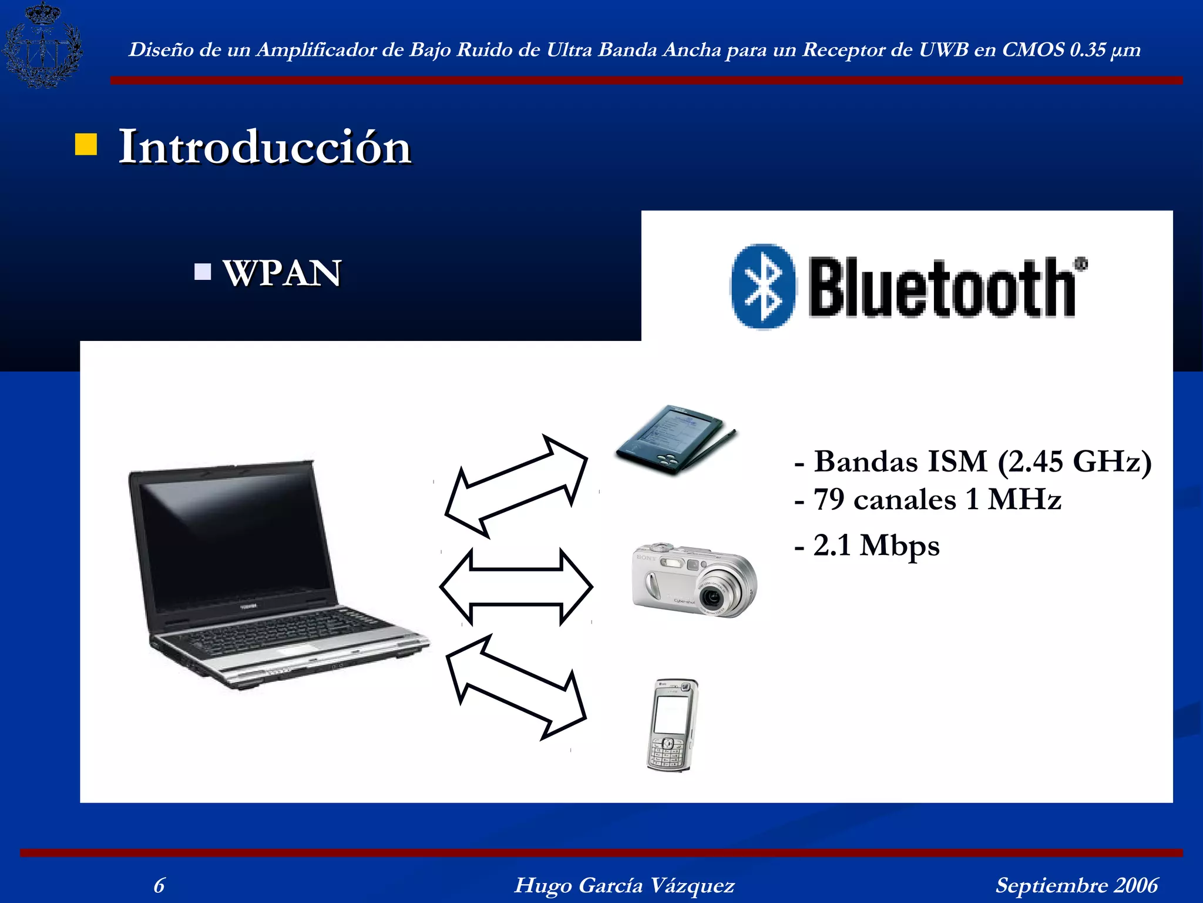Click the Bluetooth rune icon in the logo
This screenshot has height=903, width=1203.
pos(763,286)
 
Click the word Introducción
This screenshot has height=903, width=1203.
pos(265,147)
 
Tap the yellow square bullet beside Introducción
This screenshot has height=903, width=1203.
pos(86,145)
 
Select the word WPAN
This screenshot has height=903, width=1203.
pos(282,273)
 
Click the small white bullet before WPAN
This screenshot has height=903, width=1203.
pos(203,272)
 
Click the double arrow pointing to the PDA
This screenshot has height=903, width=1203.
pos(516,487)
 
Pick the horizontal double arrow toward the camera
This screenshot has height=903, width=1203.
pos(516,587)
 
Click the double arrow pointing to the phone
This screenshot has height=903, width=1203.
pos(516,687)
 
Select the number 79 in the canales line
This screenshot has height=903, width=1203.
pos(829,500)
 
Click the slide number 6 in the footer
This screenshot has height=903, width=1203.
pos(159,885)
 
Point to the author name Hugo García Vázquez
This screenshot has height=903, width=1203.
pos(624,885)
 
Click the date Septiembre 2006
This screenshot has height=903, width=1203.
pos(1077,885)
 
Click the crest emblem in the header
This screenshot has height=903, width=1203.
pos(42,45)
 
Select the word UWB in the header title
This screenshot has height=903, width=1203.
pos(943,50)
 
